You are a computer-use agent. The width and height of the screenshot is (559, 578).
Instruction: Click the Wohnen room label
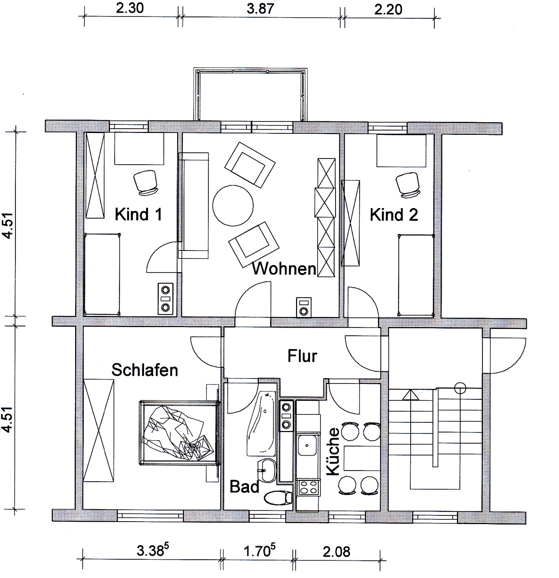(284, 268)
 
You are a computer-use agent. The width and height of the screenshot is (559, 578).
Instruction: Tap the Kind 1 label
(138, 214)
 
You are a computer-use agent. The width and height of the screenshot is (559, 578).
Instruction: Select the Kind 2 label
(394, 214)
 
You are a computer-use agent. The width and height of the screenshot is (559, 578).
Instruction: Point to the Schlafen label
(144, 370)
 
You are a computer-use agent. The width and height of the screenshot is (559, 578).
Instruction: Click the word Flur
(302, 356)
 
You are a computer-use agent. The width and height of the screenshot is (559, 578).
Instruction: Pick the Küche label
(333, 451)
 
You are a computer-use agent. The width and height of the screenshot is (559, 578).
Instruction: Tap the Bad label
(244, 487)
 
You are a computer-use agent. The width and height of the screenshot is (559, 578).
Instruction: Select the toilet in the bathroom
(278, 498)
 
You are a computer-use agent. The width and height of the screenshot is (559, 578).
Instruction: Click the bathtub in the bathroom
(261, 423)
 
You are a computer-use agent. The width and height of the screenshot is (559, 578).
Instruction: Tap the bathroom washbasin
(267, 471)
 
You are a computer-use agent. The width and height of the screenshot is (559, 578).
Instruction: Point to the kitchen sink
(308, 445)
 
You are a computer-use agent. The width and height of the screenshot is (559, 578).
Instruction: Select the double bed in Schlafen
(180, 432)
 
